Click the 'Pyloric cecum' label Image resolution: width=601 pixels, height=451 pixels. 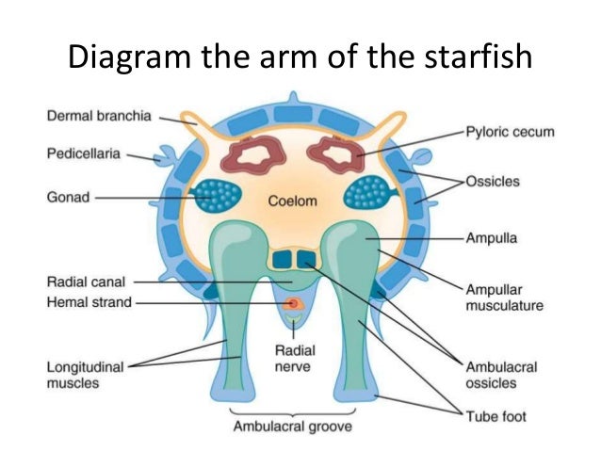(x=510, y=132)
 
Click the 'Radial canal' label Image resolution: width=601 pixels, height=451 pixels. (x=85, y=281)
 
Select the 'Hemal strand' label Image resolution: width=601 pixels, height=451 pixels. (x=87, y=302)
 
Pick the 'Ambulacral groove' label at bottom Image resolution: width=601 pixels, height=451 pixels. (x=292, y=427)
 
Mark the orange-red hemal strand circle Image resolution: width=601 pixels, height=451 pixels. (x=293, y=303)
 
